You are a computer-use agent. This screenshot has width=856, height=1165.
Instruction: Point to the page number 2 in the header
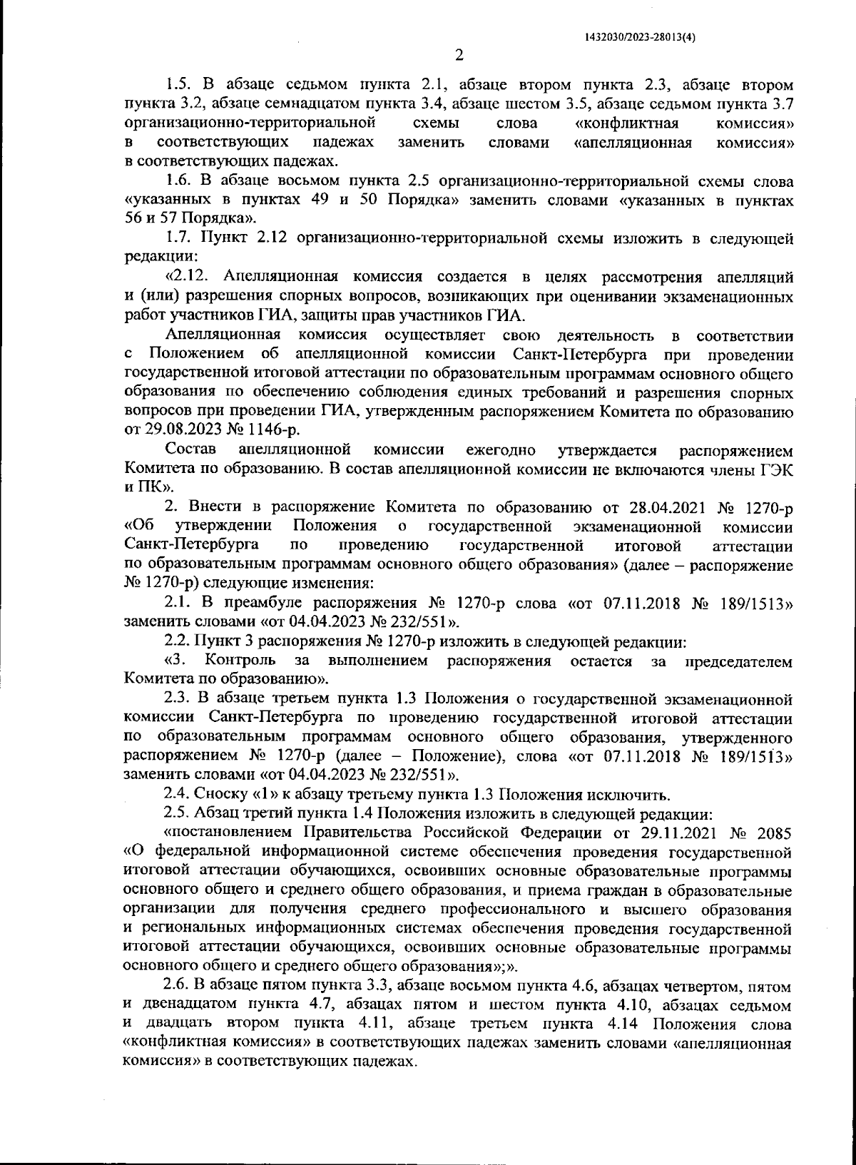[459, 55]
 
